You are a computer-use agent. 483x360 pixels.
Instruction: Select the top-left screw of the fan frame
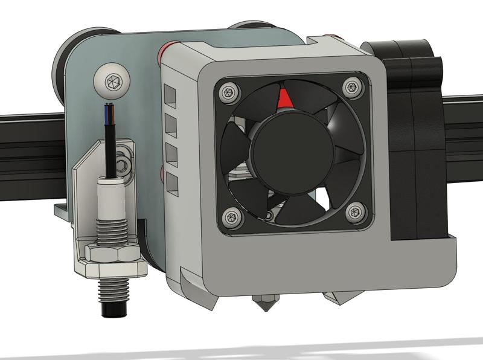point(228,92)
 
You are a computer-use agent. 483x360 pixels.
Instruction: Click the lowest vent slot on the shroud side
point(173,183)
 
